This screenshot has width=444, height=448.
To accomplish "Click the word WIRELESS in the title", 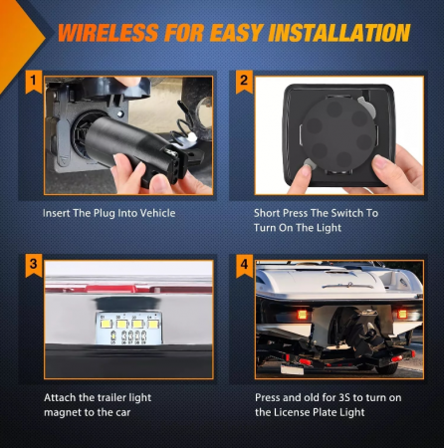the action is coord(109,33).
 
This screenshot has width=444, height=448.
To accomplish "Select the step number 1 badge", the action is coord(33,81).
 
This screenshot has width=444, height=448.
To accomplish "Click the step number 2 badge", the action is coord(244,81).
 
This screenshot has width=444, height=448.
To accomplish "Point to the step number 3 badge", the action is coord(33,265).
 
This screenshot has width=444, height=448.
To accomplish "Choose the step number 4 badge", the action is coord(244,265).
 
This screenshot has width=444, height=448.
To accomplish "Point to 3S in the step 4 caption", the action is coord(344,397).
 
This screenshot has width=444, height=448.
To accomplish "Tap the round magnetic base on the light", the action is coord(338,134).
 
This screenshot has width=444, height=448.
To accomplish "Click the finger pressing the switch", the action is coord(301,176).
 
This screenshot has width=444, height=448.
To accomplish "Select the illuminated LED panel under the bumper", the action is coord(128,329).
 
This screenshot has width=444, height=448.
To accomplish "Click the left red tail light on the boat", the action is coord(302,314).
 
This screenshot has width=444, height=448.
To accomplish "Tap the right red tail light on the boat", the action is coord(402,314).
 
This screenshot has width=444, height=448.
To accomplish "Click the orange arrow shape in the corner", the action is coord(20,42).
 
